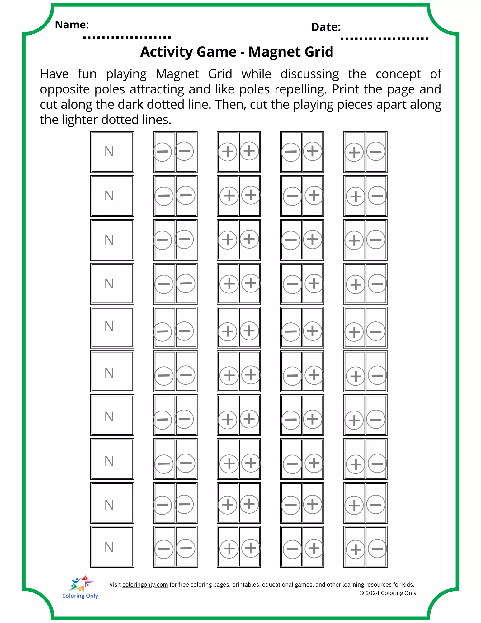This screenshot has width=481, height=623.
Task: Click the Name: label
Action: [72, 25]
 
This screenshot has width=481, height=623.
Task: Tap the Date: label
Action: [326, 27]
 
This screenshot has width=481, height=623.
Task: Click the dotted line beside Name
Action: [128, 38]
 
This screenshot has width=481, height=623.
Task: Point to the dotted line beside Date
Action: [385, 39]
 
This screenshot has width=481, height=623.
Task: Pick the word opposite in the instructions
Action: [65, 90]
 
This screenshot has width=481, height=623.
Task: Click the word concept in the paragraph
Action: [398, 74]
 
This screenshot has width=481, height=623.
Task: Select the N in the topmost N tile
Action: [109, 152]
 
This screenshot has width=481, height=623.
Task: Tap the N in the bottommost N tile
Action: [109, 547]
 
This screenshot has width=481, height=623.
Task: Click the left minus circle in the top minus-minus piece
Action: [162, 152]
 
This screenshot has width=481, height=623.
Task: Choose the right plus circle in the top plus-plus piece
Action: [249, 151]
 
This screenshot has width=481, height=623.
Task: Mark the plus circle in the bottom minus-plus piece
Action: [314, 549]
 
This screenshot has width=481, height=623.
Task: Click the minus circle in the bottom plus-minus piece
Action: [377, 549]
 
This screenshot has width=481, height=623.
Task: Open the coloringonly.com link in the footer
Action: [145, 585]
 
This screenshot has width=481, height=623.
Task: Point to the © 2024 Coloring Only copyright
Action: [388, 593]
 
